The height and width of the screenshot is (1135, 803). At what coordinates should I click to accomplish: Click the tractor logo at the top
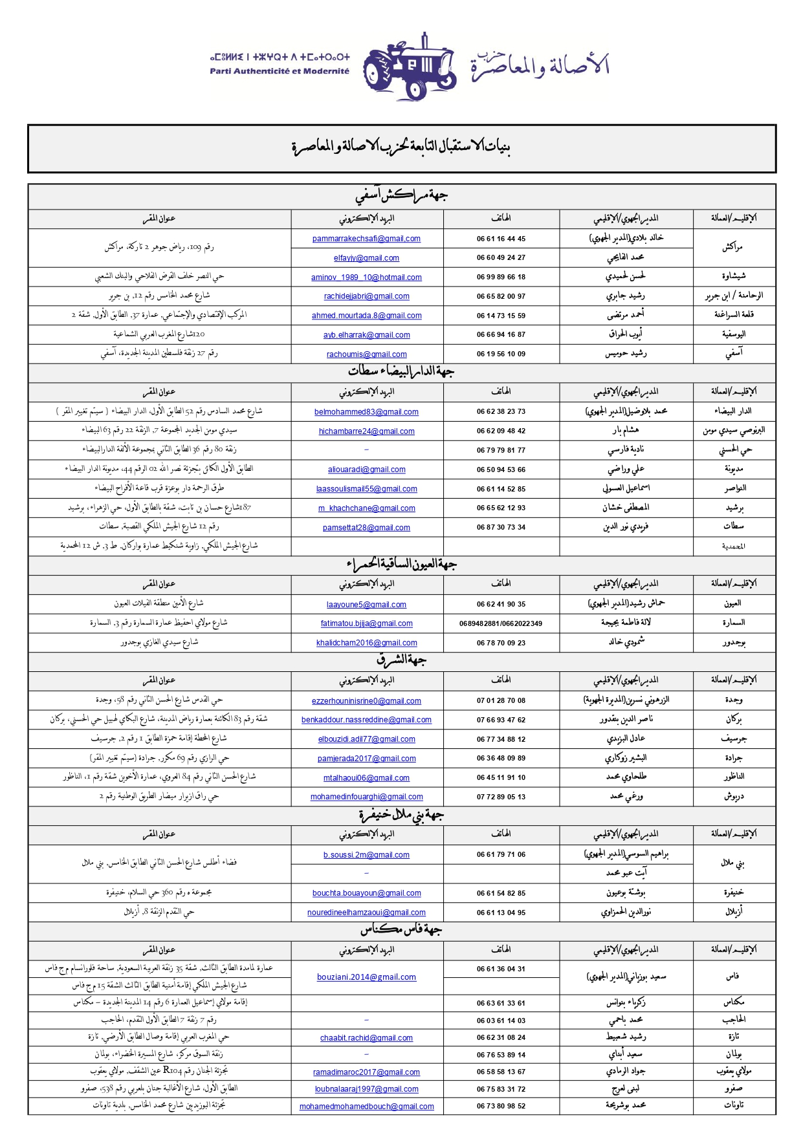(409, 66)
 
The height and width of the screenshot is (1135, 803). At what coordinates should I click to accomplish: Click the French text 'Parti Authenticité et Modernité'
(279, 71)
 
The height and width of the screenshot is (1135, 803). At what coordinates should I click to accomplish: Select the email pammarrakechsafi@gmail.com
(366, 239)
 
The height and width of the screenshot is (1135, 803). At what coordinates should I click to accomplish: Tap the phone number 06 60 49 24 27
(501, 257)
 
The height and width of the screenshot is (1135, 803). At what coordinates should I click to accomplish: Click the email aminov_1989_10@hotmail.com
(366, 277)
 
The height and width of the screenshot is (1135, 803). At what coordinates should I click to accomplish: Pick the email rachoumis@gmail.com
(366, 354)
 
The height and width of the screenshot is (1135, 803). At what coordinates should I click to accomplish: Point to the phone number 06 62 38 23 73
(501, 411)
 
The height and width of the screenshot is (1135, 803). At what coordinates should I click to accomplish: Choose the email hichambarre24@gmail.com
(366, 431)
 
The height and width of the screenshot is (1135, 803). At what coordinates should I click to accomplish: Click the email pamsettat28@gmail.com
(366, 528)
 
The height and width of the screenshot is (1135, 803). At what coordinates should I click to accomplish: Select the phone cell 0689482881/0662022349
(501, 623)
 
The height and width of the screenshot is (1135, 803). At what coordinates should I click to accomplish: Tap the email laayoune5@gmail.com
(366, 605)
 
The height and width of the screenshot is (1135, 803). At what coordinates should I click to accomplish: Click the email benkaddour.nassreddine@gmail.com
(366, 720)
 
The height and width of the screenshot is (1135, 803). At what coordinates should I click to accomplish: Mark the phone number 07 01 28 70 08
(501, 700)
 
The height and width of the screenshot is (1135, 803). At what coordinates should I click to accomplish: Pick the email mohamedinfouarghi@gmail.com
(366, 797)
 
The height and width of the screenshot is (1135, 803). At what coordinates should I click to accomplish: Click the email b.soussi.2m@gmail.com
(366, 855)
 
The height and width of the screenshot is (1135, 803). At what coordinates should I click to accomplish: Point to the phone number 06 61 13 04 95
(501, 913)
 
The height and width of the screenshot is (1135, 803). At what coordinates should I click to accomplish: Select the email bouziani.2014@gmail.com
(366, 977)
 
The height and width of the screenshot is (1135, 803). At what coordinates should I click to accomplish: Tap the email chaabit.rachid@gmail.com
(366, 1038)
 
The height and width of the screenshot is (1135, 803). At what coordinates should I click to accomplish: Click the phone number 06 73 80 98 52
(501, 1106)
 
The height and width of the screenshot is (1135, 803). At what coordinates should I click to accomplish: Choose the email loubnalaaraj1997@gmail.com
(366, 1089)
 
